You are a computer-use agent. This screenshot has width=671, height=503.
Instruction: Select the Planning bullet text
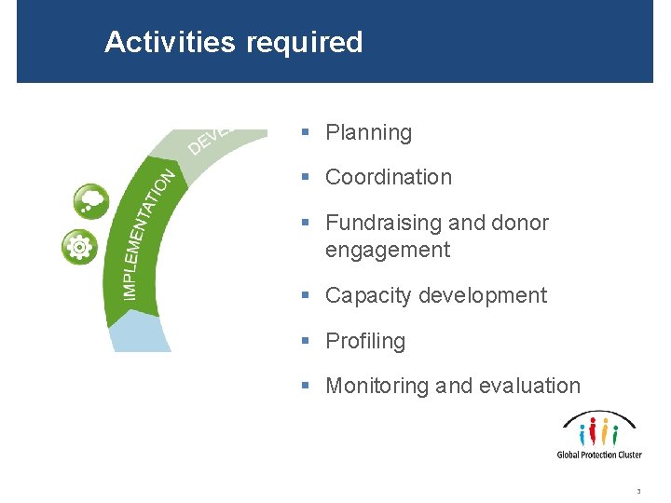pos(368,133)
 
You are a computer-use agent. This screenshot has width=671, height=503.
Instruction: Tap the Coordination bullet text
pos(388,177)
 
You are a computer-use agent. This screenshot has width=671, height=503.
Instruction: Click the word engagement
pos(387,250)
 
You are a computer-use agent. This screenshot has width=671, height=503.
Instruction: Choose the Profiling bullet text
pos(365,342)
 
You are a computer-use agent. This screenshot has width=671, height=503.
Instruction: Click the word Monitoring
pos(377,387)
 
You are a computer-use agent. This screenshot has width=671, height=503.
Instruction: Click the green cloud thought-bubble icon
pos(91,200)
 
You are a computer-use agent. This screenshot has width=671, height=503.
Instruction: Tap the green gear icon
pos(79,247)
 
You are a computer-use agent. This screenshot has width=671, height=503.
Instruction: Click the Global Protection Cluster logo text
pos(599,455)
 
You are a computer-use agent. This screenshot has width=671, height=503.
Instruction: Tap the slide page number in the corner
pos(638,491)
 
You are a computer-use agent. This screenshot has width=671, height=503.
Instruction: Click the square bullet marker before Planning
pos(306,133)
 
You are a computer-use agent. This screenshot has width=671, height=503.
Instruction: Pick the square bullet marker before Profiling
pos(306,342)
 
